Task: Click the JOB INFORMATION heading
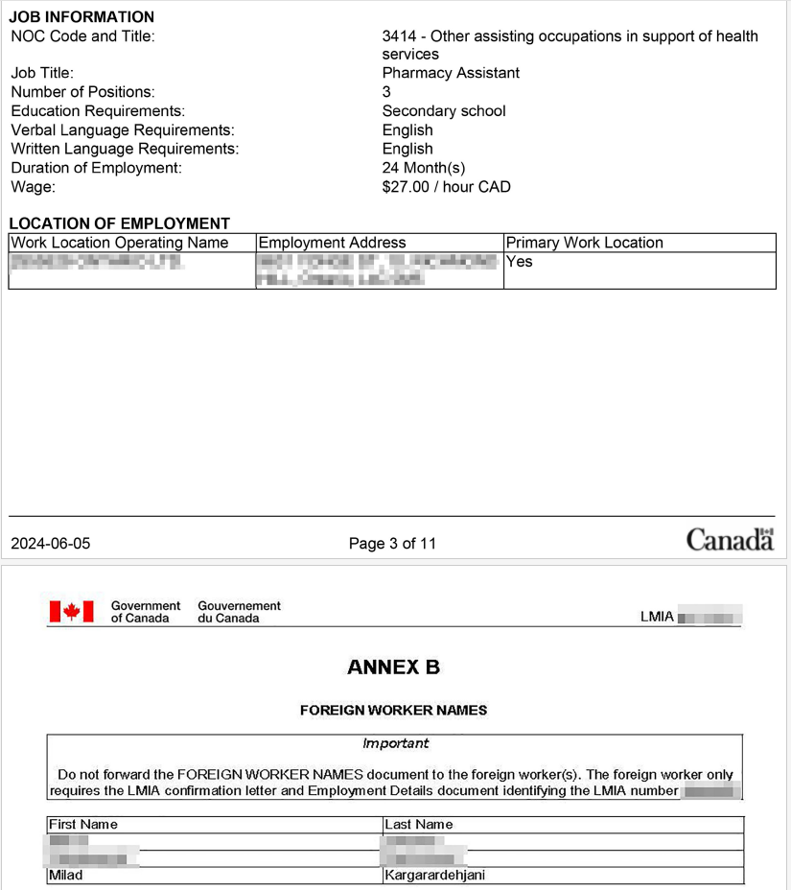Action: [81, 16]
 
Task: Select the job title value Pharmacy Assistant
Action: [451, 73]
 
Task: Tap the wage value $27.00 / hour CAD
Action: [446, 187]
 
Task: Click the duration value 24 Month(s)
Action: [424, 168]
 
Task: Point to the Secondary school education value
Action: [444, 111]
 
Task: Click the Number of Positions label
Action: [82, 92]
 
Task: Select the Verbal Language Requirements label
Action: [123, 130]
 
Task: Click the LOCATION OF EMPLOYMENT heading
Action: [120, 223]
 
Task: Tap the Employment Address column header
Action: [333, 243]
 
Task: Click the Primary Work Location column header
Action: [585, 243]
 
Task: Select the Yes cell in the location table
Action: [519, 262]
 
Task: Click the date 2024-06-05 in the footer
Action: [51, 544]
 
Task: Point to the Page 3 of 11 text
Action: [392, 544]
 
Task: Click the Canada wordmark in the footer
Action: [730, 540]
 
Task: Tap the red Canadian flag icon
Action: [71, 612]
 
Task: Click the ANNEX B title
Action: [393, 667]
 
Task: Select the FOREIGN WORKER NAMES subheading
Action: [393, 711]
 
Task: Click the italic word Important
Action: [395, 743]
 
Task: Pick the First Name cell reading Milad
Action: [66, 876]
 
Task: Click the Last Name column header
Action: [419, 825]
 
